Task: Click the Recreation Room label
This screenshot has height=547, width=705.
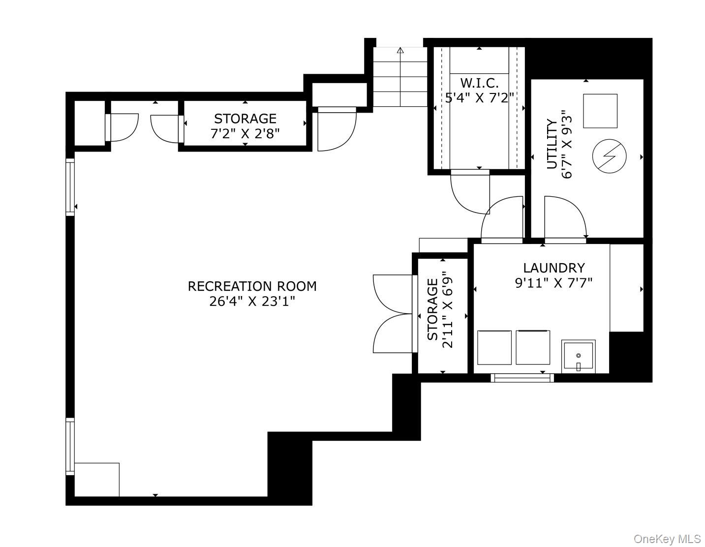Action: (x=252, y=286)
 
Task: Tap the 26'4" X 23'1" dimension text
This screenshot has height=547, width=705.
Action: (x=252, y=302)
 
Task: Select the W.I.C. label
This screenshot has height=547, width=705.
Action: (x=479, y=83)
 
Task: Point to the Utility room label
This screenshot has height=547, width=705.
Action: (x=552, y=144)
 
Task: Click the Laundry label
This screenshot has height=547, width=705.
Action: (x=554, y=268)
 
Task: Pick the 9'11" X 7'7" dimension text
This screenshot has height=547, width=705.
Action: (x=554, y=283)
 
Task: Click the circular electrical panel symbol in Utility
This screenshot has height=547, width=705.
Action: (x=609, y=156)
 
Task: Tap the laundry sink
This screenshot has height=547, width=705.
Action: (x=579, y=356)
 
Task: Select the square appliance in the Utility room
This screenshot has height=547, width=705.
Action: (x=600, y=111)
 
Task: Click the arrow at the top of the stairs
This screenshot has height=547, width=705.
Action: (x=400, y=50)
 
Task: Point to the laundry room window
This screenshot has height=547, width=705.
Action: (x=522, y=378)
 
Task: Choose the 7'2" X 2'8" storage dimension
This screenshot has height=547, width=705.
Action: (x=245, y=134)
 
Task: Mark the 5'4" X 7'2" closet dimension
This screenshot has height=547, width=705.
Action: (x=479, y=98)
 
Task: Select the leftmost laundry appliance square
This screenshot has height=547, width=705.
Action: (x=494, y=347)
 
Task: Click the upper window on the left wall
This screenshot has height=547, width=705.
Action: (x=70, y=187)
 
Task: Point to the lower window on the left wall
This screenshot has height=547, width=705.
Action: (x=70, y=447)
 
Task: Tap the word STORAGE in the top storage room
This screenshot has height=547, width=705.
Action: (x=245, y=119)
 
